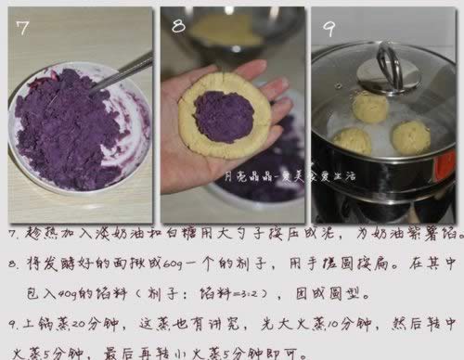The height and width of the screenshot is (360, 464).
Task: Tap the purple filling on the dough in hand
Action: pyautogui.click(x=224, y=116)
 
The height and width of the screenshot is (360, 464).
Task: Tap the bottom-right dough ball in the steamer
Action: pyautogui.click(x=410, y=137)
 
